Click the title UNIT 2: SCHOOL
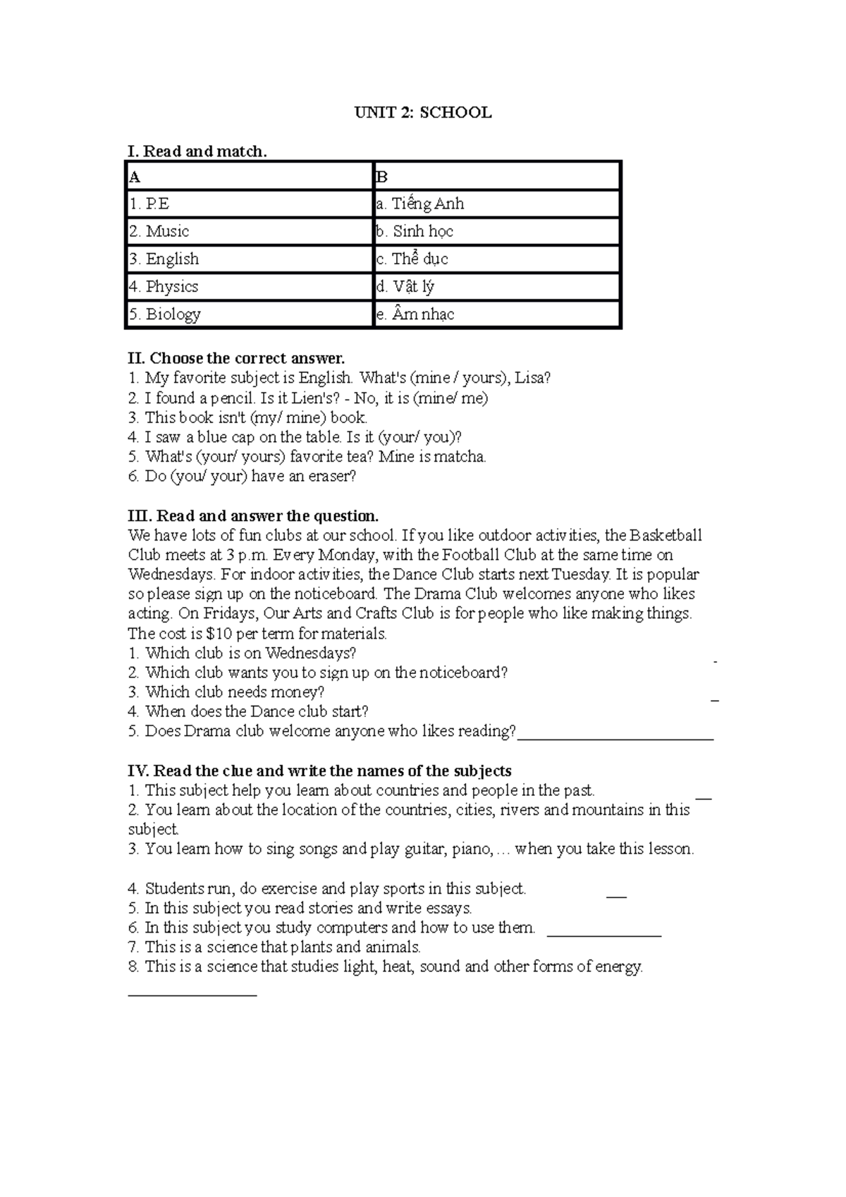[422, 113]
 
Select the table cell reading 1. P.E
[249, 204]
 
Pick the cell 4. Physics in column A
[249, 286]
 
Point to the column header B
[496, 176]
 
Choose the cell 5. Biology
[249, 314]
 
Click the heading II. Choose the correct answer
[236, 358]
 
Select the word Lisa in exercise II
[529, 378]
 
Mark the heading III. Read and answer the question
[253, 515]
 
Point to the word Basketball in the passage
[665, 535]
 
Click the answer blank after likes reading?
[615, 737]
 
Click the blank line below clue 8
[192, 994]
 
